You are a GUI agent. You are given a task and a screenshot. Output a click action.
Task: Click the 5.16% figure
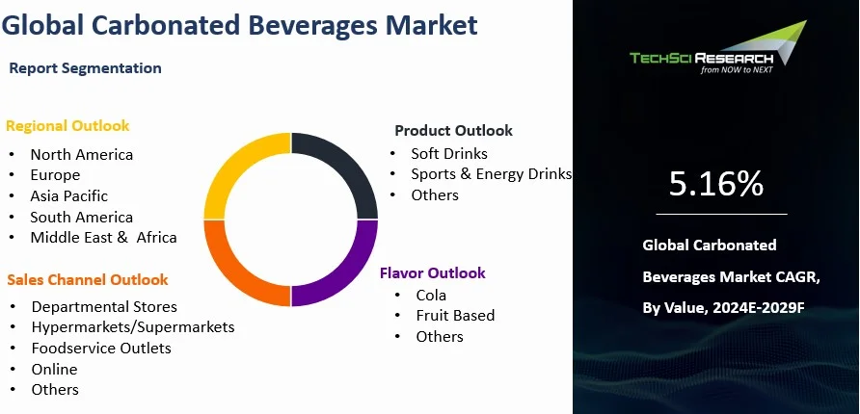715,184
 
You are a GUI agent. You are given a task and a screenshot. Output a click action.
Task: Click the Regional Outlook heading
67,125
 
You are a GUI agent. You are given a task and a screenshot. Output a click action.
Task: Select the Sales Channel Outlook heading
88,279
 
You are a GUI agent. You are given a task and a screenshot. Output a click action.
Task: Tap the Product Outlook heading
453,130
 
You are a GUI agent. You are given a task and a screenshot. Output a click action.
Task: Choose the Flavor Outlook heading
432,273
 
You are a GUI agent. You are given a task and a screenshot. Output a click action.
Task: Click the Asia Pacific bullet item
69,195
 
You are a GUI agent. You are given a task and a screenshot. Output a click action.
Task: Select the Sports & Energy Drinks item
491,174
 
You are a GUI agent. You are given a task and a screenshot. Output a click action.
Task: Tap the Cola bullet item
431,295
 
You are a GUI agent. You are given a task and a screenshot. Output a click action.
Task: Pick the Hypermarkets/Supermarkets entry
132,327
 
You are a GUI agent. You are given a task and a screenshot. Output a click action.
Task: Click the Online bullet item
54,369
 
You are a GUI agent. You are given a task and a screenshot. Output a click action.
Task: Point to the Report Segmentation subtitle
85,68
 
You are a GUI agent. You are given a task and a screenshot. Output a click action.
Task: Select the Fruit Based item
455,316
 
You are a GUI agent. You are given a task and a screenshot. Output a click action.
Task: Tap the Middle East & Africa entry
103,237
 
